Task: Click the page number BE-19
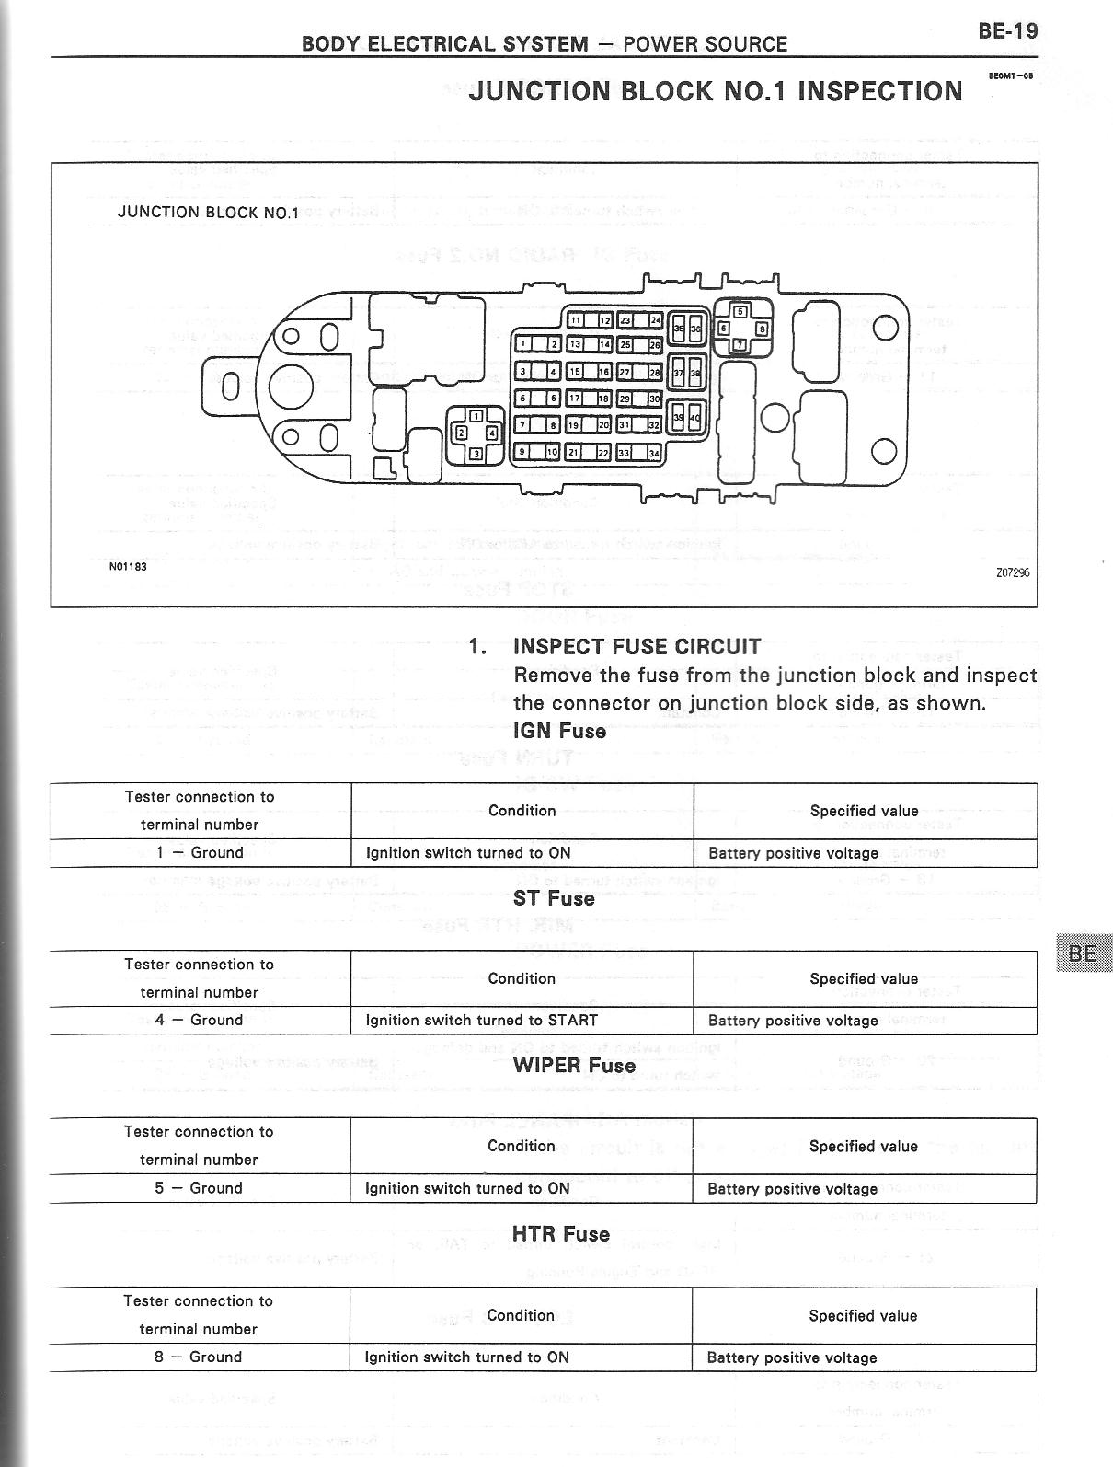(1008, 31)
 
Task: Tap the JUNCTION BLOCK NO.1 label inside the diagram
(209, 213)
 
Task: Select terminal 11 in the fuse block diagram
(575, 320)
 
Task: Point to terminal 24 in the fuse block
(655, 320)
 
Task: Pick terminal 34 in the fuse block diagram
(654, 453)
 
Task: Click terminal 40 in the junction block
(695, 418)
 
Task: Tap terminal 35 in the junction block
(679, 328)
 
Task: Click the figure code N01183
(128, 566)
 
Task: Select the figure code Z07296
(1012, 572)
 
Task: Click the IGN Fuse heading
(559, 732)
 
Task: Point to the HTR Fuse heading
(561, 1234)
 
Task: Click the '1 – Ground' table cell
(200, 853)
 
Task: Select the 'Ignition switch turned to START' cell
(482, 1021)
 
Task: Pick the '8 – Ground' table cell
(199, 1357)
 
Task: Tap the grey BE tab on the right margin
(1084, 953)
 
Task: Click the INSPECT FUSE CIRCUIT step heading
(637, 646)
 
